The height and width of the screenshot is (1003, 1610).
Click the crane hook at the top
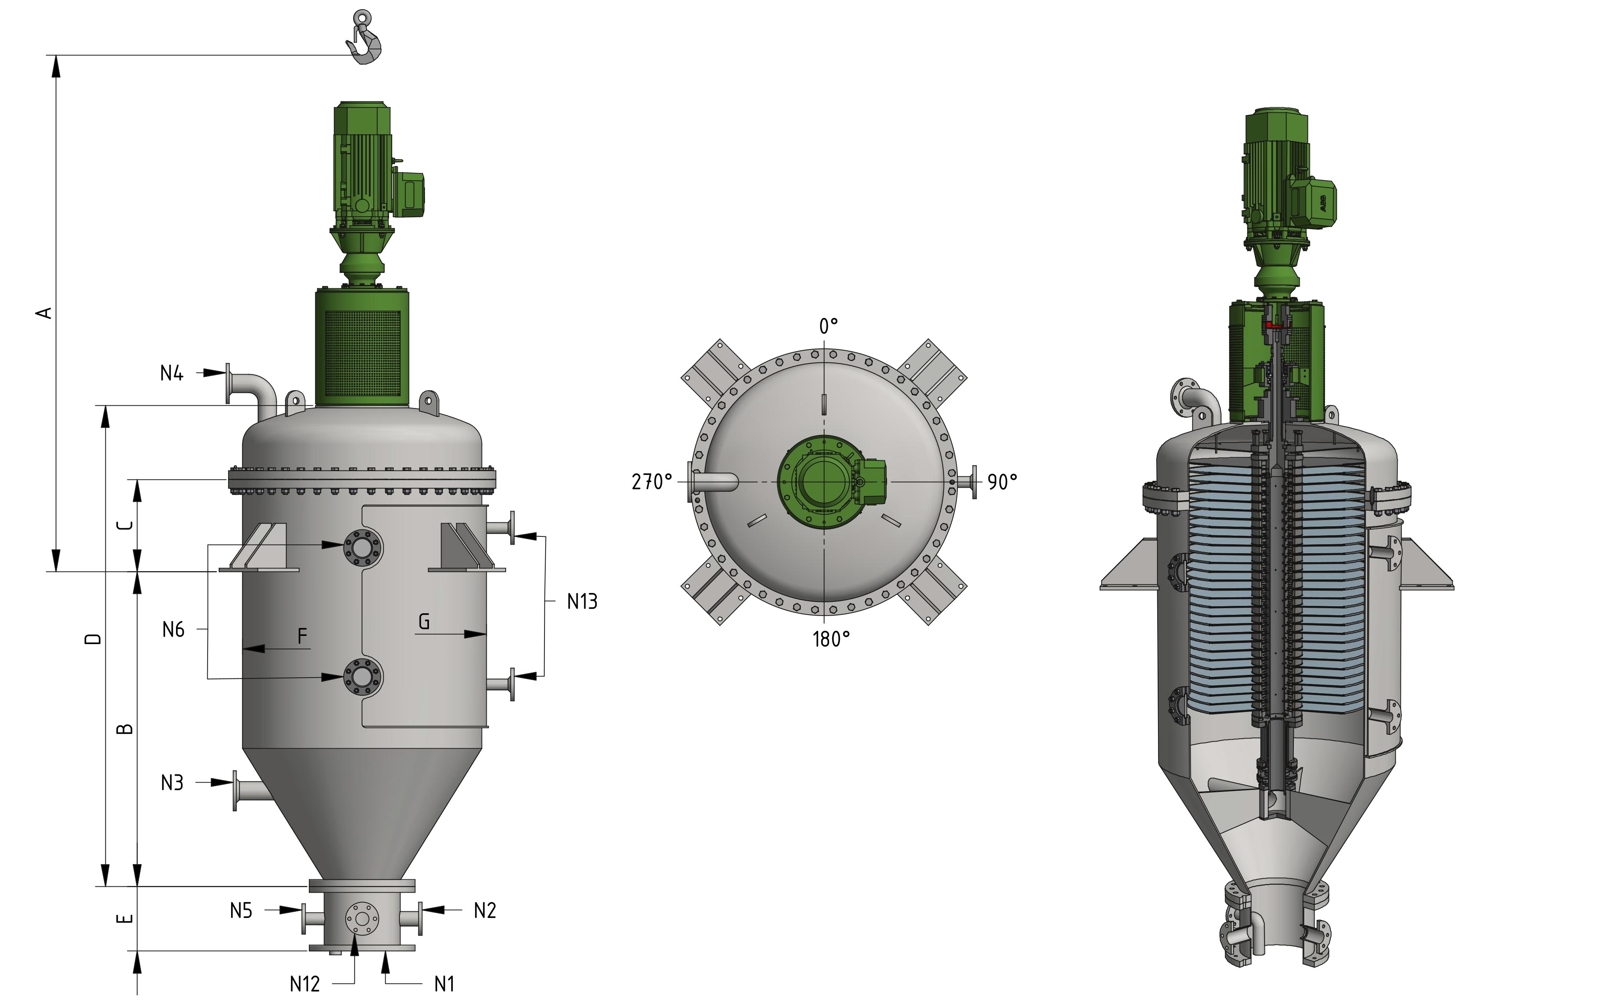pyautogui.click(x=364, y=40)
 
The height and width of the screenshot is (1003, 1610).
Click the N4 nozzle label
pyautogui.click(x=171, y=373)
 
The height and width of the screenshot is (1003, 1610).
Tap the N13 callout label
pyautogui.click(x=582, y=602)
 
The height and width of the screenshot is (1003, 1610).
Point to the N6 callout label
pyautogui.click(x=173, y=630)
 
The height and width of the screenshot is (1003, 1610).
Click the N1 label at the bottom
pyautogui.click(x=444, y=984)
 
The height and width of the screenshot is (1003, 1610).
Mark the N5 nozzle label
pyautogui.click(x=241, y=911)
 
